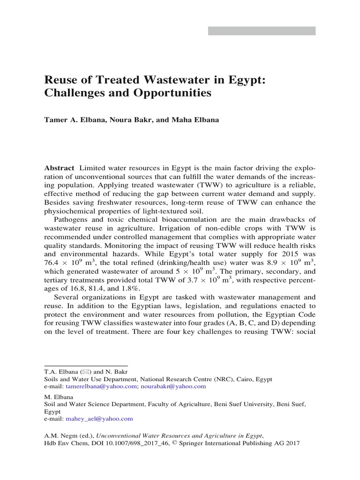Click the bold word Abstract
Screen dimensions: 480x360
(59, 168)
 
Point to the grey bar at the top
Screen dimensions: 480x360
(262, 31)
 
